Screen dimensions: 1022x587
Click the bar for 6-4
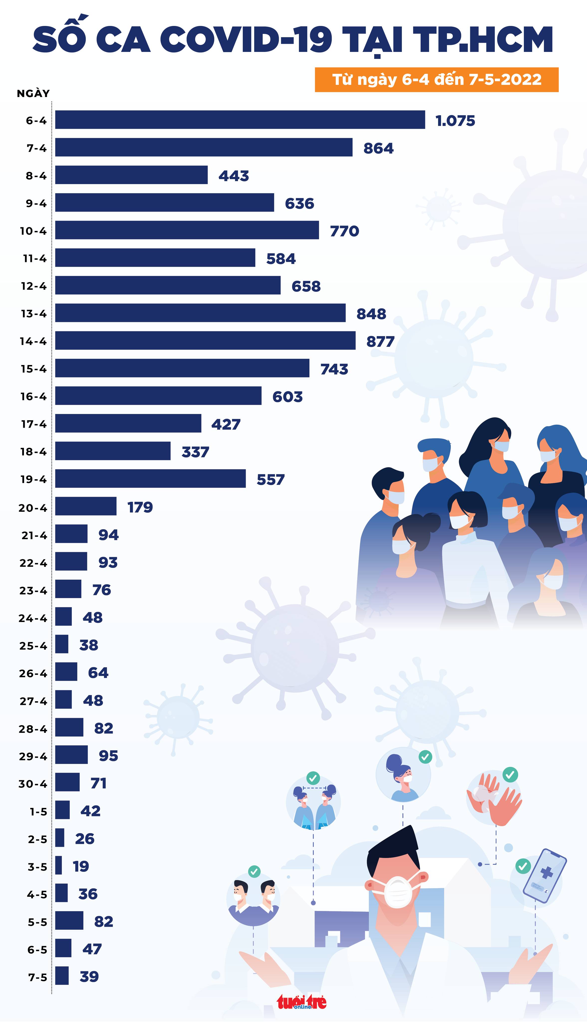(x=240, y=120)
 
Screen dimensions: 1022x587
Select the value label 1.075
(x=455, y=121)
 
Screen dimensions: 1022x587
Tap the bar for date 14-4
(x=205, y=340)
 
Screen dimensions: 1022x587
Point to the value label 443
(x=234, y=176)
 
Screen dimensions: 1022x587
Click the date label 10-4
(x=33, y=231)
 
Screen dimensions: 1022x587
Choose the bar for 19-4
(x=150, y=479)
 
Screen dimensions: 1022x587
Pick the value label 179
(x=140, y=507)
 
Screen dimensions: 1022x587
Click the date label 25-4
(x=33, y=645)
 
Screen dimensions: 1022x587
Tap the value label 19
(x=81, y=866)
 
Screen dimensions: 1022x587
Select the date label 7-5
(x=37, y=977)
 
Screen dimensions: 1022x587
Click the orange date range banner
(x=436, y=79)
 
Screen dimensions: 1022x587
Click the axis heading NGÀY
(x=33, y=94)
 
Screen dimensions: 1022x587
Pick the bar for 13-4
(x=200, y=313)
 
